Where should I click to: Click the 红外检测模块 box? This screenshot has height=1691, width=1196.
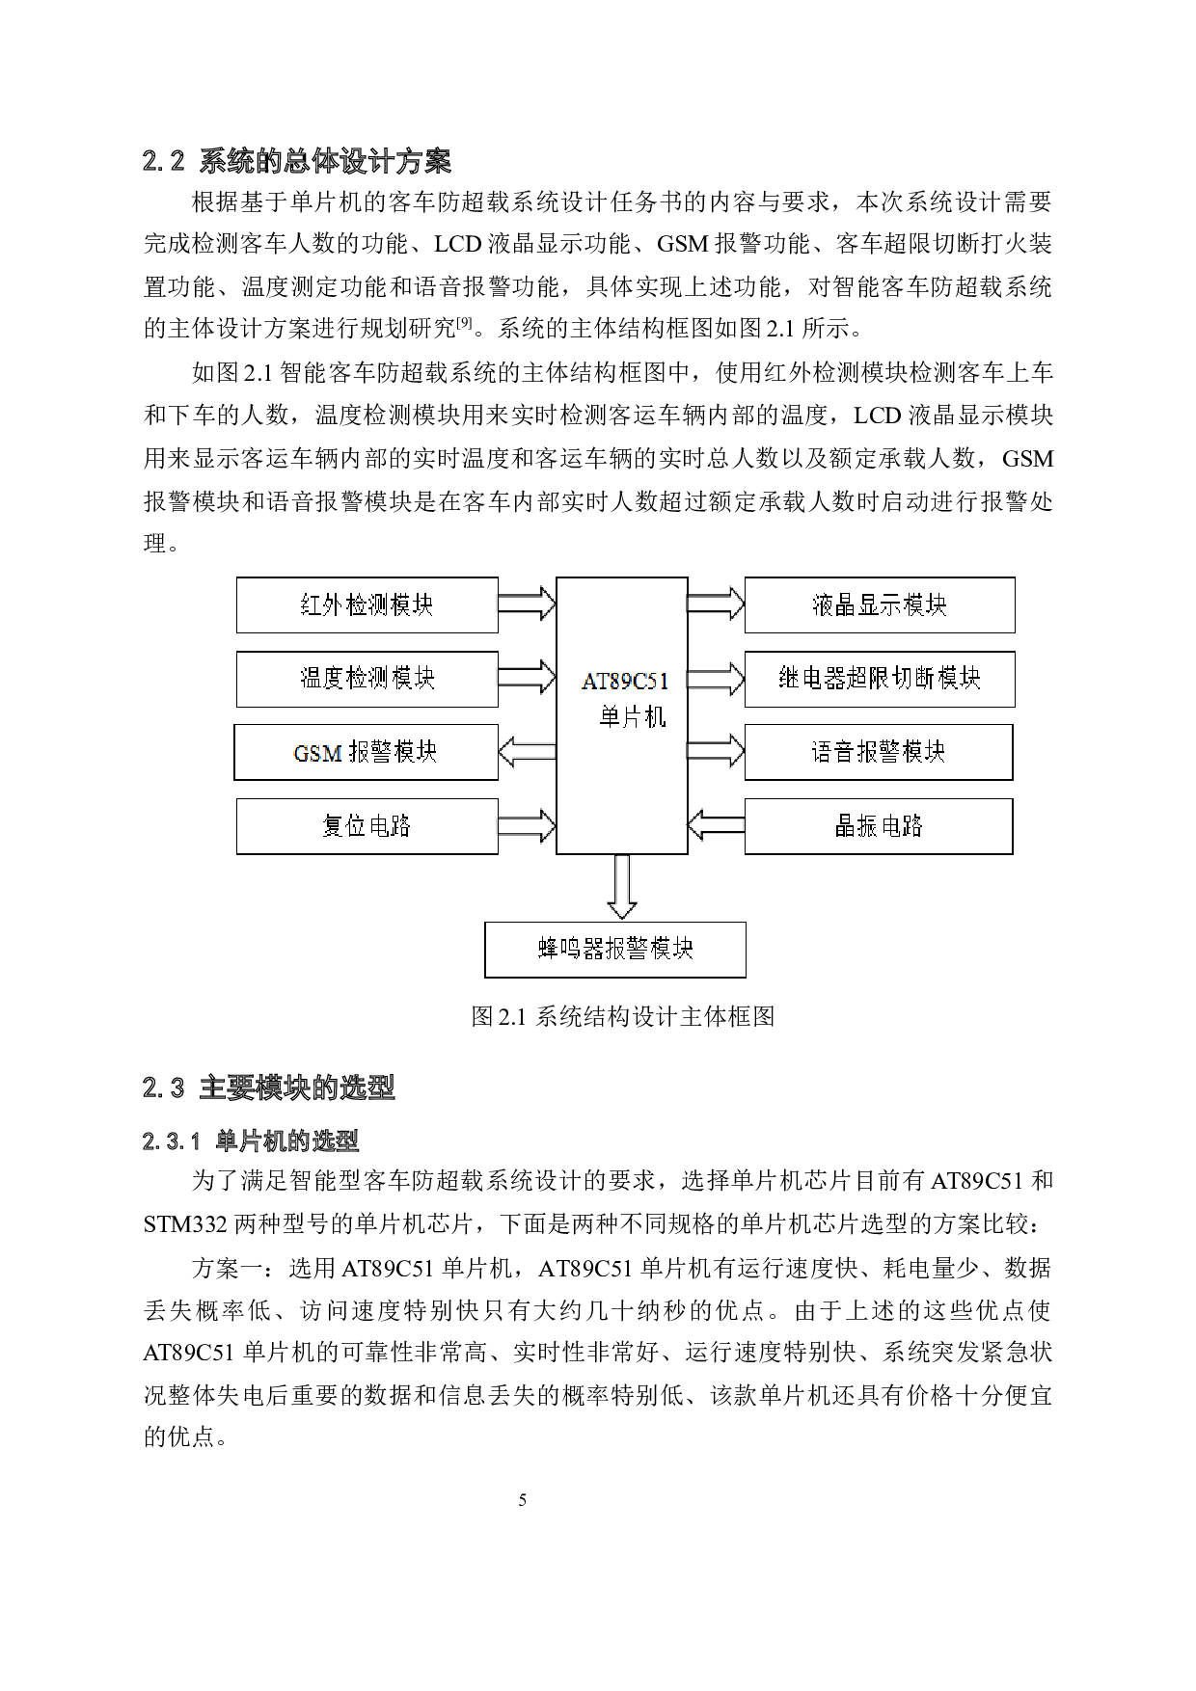tap(367, 605)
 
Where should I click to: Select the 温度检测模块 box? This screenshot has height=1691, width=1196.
tap(367, 679)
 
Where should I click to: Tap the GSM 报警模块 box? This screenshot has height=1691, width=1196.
tap(366, 752)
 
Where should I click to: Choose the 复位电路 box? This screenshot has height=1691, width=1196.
tap(367, 826)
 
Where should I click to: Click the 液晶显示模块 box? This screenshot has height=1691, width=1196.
tap(879, 605)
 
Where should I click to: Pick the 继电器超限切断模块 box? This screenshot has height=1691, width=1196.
tap(879, 679)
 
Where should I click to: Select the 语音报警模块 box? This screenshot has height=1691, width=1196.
tap(878, 752)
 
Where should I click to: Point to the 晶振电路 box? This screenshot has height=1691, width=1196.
tap(878, 826)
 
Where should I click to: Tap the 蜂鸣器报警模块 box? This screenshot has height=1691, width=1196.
tap(614, 950)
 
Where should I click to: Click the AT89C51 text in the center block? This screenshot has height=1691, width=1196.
tap(624, 681)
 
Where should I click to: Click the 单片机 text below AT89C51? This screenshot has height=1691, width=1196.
tap(632, 718)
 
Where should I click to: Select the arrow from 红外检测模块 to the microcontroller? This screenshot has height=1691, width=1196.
tap(527, 604)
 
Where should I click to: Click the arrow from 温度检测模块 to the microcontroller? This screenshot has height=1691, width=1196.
tap(527, 678)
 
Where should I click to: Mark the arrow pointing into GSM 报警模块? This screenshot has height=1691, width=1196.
tap(527, 752)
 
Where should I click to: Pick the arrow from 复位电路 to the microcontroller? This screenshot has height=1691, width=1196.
tap(527, 826)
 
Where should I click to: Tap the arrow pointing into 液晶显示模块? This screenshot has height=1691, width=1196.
tap(716, 604)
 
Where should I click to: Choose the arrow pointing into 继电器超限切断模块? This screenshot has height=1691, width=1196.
tap(716, 679)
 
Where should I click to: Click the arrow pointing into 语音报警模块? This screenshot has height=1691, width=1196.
tap(716, 752)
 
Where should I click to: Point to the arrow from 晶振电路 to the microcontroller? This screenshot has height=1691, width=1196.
tap(716, 825)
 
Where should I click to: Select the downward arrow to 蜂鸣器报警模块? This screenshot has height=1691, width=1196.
tap(622, 887)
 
